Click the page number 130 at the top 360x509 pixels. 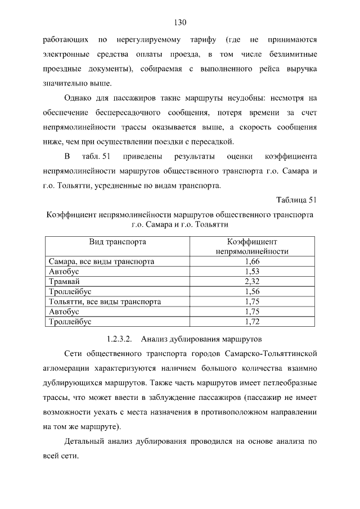click(180, 23)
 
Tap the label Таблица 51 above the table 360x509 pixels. click(297, 200)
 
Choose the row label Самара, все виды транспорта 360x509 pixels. click(101, 262)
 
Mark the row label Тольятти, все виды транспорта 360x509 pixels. click(105, 302)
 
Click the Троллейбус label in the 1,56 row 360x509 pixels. click(70, 292)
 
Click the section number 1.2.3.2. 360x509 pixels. click(119, 340)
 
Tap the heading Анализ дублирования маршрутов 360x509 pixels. click(201, 340)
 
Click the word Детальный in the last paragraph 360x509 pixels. click(87, 441)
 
